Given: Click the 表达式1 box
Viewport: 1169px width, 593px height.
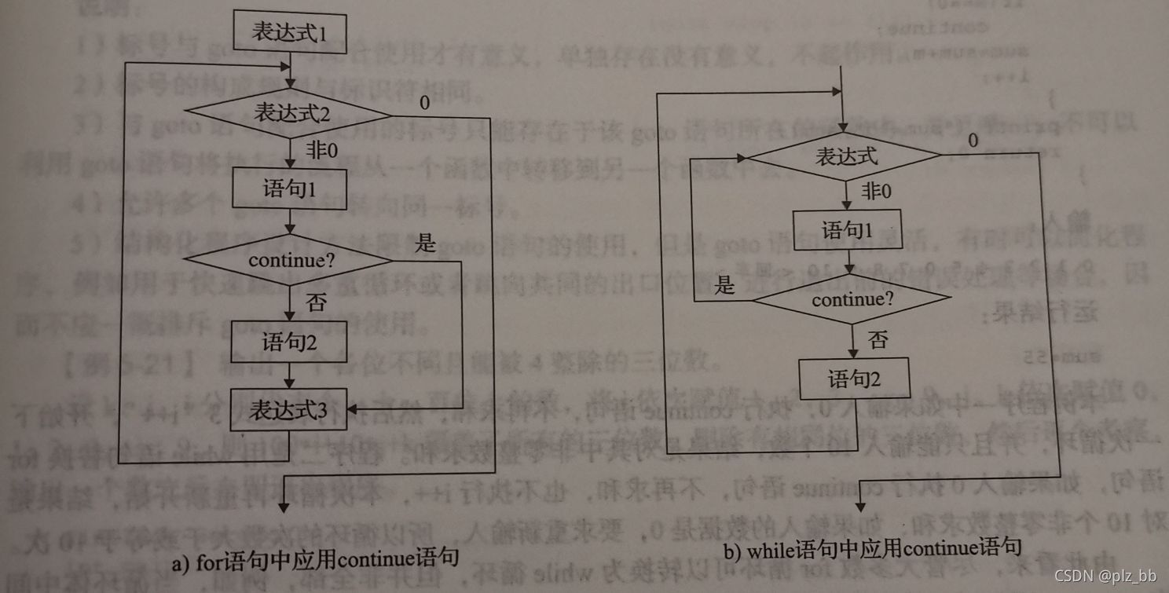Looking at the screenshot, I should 290,33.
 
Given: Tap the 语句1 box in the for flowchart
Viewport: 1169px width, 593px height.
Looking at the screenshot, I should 290,189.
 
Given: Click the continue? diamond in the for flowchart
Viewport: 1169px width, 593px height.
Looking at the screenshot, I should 290,260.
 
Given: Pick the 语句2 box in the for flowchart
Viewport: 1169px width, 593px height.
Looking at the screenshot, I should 289,342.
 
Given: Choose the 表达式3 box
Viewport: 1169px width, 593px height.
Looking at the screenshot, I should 289,409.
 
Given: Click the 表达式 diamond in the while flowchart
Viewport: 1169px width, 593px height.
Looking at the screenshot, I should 845,156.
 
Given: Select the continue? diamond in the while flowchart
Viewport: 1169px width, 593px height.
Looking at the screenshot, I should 852,299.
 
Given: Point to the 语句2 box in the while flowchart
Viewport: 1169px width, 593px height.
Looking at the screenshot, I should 854,379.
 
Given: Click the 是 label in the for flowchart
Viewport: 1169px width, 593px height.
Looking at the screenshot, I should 425,243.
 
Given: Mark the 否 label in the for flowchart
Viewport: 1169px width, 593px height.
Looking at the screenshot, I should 316,302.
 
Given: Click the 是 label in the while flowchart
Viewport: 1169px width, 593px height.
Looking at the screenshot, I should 725,284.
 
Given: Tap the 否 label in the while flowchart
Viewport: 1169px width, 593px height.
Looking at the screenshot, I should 878,340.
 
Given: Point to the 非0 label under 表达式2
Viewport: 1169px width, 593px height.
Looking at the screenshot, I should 321,150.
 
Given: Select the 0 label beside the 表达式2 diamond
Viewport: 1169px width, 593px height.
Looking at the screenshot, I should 424,103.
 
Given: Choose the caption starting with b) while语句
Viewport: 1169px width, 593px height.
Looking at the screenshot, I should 872,549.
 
